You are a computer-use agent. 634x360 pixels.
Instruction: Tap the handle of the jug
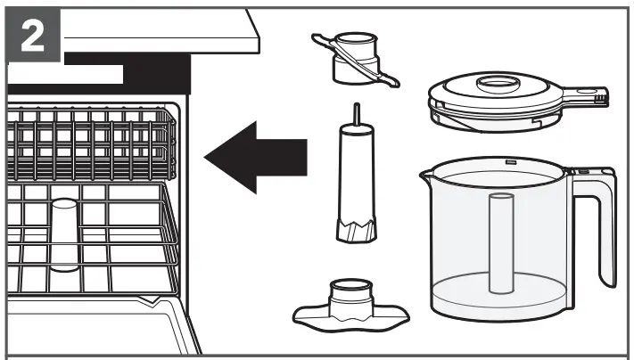pyautogui.click(x=597, y=223)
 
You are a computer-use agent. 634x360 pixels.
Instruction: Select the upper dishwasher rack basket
pyautogui.click(x=89, y=143)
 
